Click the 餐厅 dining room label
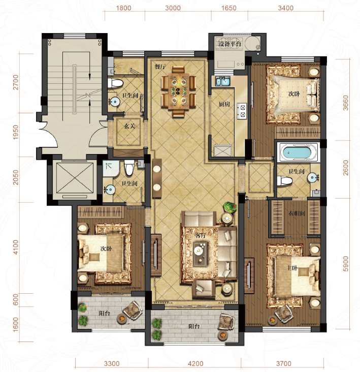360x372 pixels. (x=160, y=67)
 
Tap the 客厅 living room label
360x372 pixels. (x=200, y=236)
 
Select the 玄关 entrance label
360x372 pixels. (x=129, y=126)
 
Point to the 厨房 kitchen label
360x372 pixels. (x=224, y=104)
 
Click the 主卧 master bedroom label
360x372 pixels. (x=292, y=268)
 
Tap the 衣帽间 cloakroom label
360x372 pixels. (x=297, y=213)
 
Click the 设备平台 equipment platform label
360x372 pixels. (x=230, y=44)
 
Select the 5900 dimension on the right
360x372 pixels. (x=346, y=264)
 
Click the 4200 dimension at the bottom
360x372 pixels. (x=195, y=363)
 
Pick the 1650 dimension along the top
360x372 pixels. (x=228, y=8)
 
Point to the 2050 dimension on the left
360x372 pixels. (x=15, y=177)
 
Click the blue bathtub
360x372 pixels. (x=298, y=152)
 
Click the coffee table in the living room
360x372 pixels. (x=201, y=253)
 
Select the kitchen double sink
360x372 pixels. (x=222, y=81)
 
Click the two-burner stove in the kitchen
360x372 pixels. (x=242, y=111)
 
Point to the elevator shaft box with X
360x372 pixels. (x=75, y=178)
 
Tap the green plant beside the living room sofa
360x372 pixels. (x=230, y=207)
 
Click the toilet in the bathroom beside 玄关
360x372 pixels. (x=115, y=83)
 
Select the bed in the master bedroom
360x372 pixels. (x=297, y=276)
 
